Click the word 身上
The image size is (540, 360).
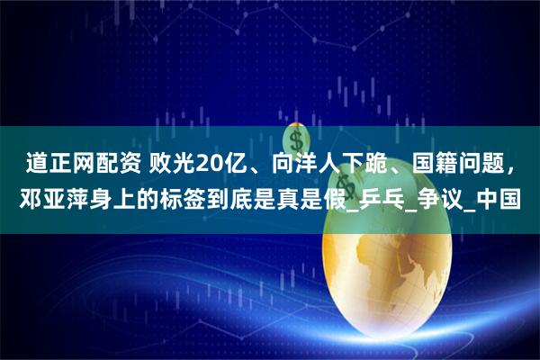[113, 196]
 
